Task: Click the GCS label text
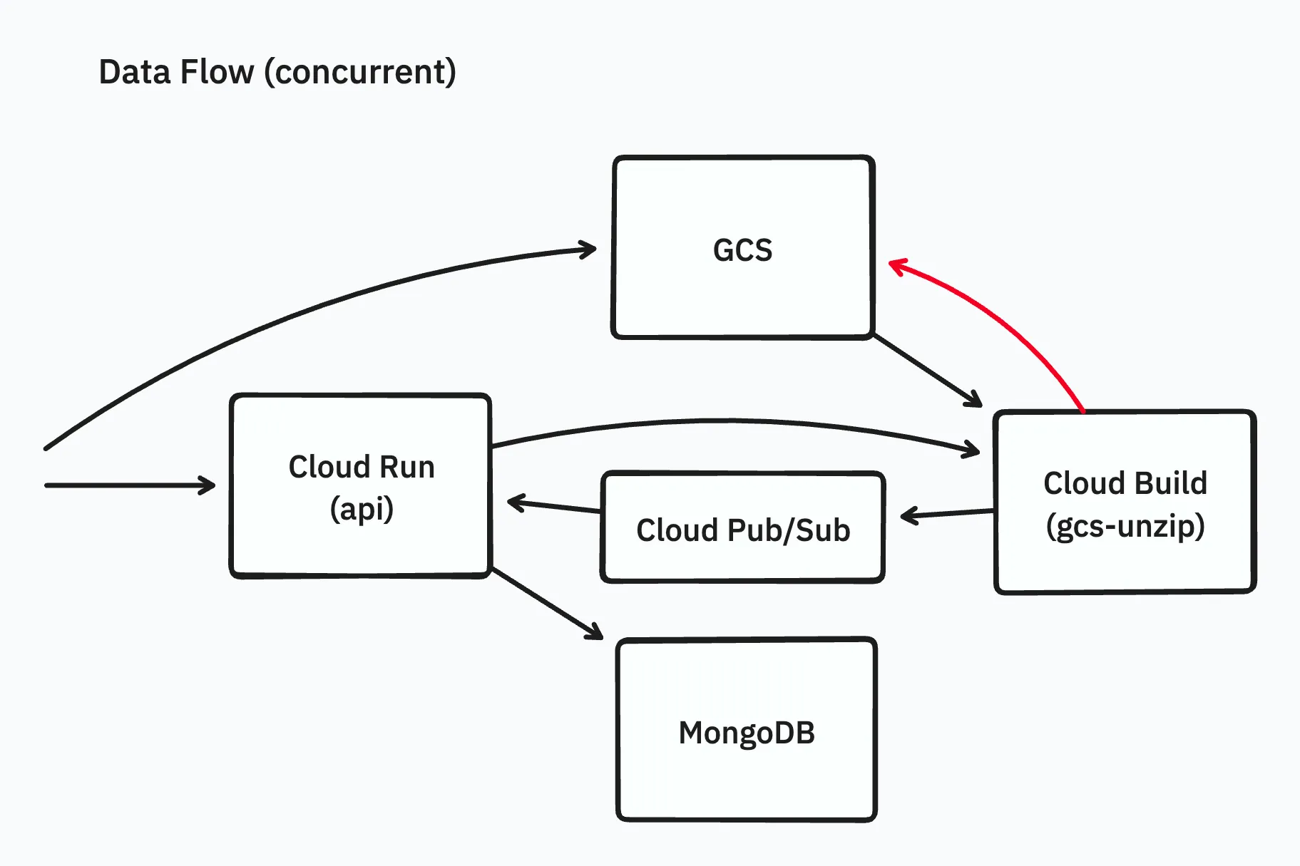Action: (742, 250)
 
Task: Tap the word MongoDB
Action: (746, 733)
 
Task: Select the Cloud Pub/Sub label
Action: (743, 530)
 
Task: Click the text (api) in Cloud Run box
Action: (362, 509)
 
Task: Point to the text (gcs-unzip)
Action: (1125, 526)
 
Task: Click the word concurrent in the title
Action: (360, 72)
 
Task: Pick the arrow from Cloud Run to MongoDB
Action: (546, 602)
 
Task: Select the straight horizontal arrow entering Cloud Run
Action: (128, 485)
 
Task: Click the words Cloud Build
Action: (1125, 483)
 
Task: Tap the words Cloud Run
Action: (362, 467)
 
